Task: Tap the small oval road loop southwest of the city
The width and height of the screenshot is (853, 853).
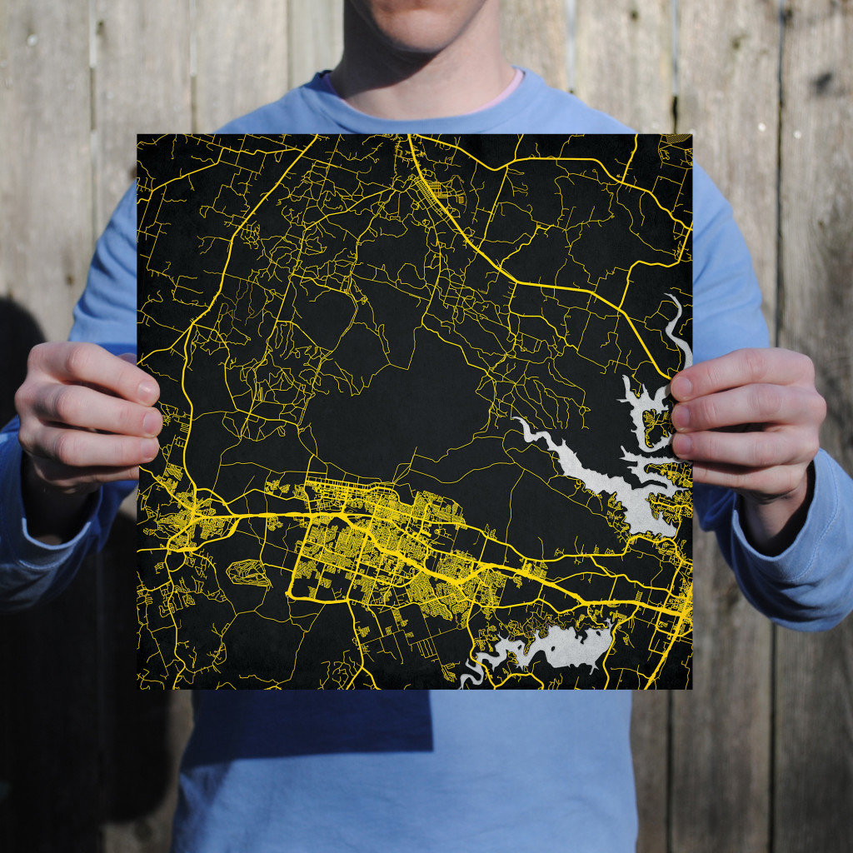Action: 248,572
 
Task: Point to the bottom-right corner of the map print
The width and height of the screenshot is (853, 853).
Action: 691,689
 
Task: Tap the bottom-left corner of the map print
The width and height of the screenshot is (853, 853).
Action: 138,689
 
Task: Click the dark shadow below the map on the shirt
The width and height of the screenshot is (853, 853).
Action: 308,725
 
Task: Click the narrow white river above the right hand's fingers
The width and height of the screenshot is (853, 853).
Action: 676,325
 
